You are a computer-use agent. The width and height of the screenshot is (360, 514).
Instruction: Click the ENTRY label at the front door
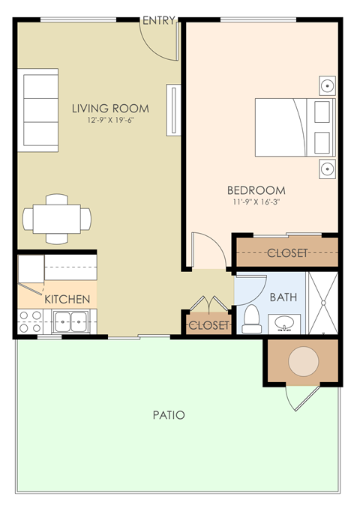159,19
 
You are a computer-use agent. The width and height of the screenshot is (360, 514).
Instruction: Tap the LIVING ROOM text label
110,108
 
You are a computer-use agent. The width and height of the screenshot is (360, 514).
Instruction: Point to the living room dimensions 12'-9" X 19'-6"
110,120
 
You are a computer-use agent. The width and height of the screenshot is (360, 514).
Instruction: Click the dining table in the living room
57,219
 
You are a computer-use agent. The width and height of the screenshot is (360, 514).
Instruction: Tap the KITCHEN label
67,299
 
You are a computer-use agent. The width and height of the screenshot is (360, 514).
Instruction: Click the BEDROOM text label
257,190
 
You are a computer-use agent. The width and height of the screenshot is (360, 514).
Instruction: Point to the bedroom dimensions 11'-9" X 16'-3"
257,202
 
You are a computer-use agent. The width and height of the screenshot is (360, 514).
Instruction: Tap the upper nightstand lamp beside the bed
327,85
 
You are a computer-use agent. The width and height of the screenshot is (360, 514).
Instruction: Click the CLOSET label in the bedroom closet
287,253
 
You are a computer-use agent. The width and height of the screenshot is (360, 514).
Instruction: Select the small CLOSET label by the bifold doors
208,325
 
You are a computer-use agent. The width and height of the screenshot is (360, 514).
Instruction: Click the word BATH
283,297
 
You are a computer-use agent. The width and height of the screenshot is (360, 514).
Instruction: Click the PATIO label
169,414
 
